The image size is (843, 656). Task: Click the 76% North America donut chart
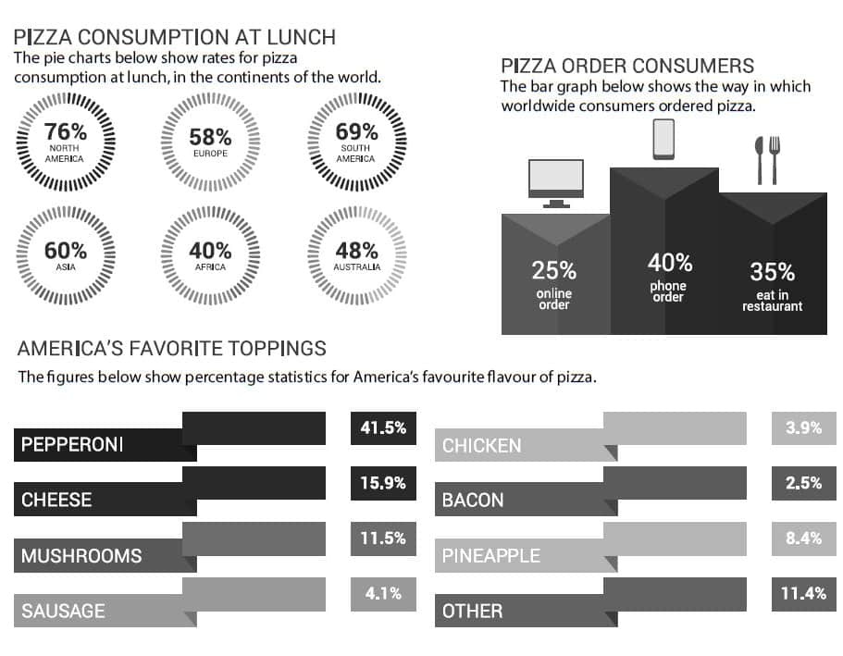click(x=65, y=142)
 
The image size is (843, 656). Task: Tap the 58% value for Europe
click(x=210, y=137)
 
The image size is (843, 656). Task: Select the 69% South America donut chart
click(x=356, y=142)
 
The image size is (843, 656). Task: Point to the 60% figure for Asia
click(x=65, y=250)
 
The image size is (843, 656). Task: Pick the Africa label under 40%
click(x=210, y=267)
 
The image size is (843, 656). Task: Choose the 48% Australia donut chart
click(x=356, y=254)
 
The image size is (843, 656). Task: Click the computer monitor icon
click(x=555, y=182)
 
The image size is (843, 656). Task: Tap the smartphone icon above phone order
click(x=664, y=140)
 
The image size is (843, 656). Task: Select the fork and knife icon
click(x=768, y=159)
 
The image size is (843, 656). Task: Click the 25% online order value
click(x=554, y=271)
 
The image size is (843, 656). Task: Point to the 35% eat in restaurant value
click(x=772, y=272)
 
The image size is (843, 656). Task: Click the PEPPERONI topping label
click(x=72, y=445)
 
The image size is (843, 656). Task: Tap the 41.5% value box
click(x=383, y=429)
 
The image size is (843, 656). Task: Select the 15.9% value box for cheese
click(x=383, y=484)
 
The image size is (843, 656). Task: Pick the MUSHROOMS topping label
click(x=81, y=556)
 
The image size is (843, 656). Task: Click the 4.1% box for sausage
click(x=383, y=594)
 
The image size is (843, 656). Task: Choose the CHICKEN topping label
click(x=481, y=446)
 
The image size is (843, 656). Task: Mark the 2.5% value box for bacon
click(x=803, y=484)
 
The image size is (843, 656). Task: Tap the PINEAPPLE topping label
click(x=490, y=556)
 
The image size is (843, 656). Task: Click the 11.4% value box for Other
click(x=803, y=594)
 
